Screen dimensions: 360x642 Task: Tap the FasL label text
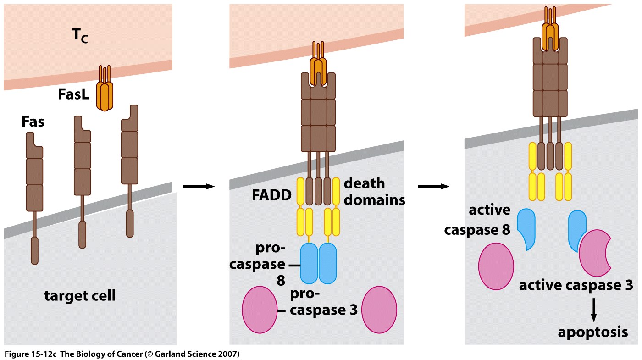[x=73, y=94]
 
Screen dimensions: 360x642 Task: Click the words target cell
[x=80, y=296]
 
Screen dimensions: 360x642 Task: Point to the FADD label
[x=271, y=195]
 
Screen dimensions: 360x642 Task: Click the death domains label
[x=374, y=192]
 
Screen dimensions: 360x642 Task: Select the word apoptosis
[x=593, y=332]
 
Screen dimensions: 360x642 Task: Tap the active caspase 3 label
[x=576, y=285]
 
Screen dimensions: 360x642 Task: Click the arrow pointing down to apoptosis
[x=593, y=310]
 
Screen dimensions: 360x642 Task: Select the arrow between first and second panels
[x=199, y=186]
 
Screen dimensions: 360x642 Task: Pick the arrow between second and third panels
[x=433, y=186]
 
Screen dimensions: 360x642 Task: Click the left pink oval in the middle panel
[x=260, y=310]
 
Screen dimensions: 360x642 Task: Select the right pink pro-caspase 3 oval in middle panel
[x=380, y=310]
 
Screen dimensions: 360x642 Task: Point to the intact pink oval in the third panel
[x=496, y=266]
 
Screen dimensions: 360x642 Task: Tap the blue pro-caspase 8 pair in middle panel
[x=318, y=263]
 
